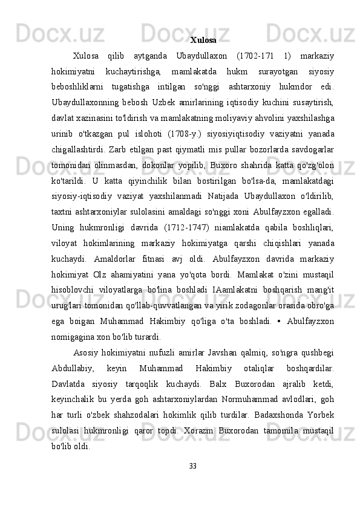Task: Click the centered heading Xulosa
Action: click(x=203, y=41)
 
